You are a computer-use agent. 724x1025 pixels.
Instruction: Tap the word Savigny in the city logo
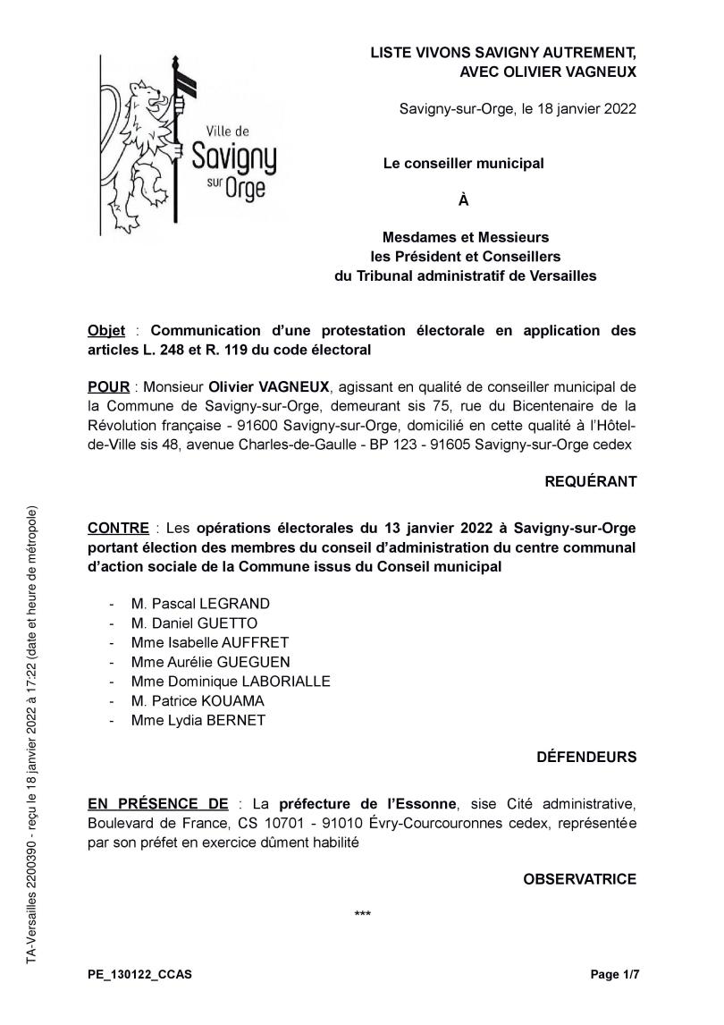point(234,157)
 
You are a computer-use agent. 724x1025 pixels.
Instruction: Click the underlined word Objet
point(106,330)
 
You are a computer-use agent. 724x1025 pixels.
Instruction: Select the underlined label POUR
point(108,386)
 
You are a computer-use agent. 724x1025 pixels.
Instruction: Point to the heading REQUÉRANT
point(591,481)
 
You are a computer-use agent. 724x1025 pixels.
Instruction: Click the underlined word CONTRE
point(117,527)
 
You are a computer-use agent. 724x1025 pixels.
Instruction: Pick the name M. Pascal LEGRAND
point(199,604)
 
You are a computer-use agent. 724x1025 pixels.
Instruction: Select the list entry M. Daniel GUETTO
point(194,623)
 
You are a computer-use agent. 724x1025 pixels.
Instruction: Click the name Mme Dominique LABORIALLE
point(230,681)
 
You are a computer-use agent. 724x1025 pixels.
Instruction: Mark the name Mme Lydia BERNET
point(198,720)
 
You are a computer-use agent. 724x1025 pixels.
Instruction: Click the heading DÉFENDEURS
point(586,757)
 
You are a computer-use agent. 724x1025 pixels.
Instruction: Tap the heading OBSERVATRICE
point(579,879)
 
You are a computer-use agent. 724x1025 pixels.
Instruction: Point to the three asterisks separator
point(363,914)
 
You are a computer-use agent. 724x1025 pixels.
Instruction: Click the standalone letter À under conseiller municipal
point(463,200)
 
